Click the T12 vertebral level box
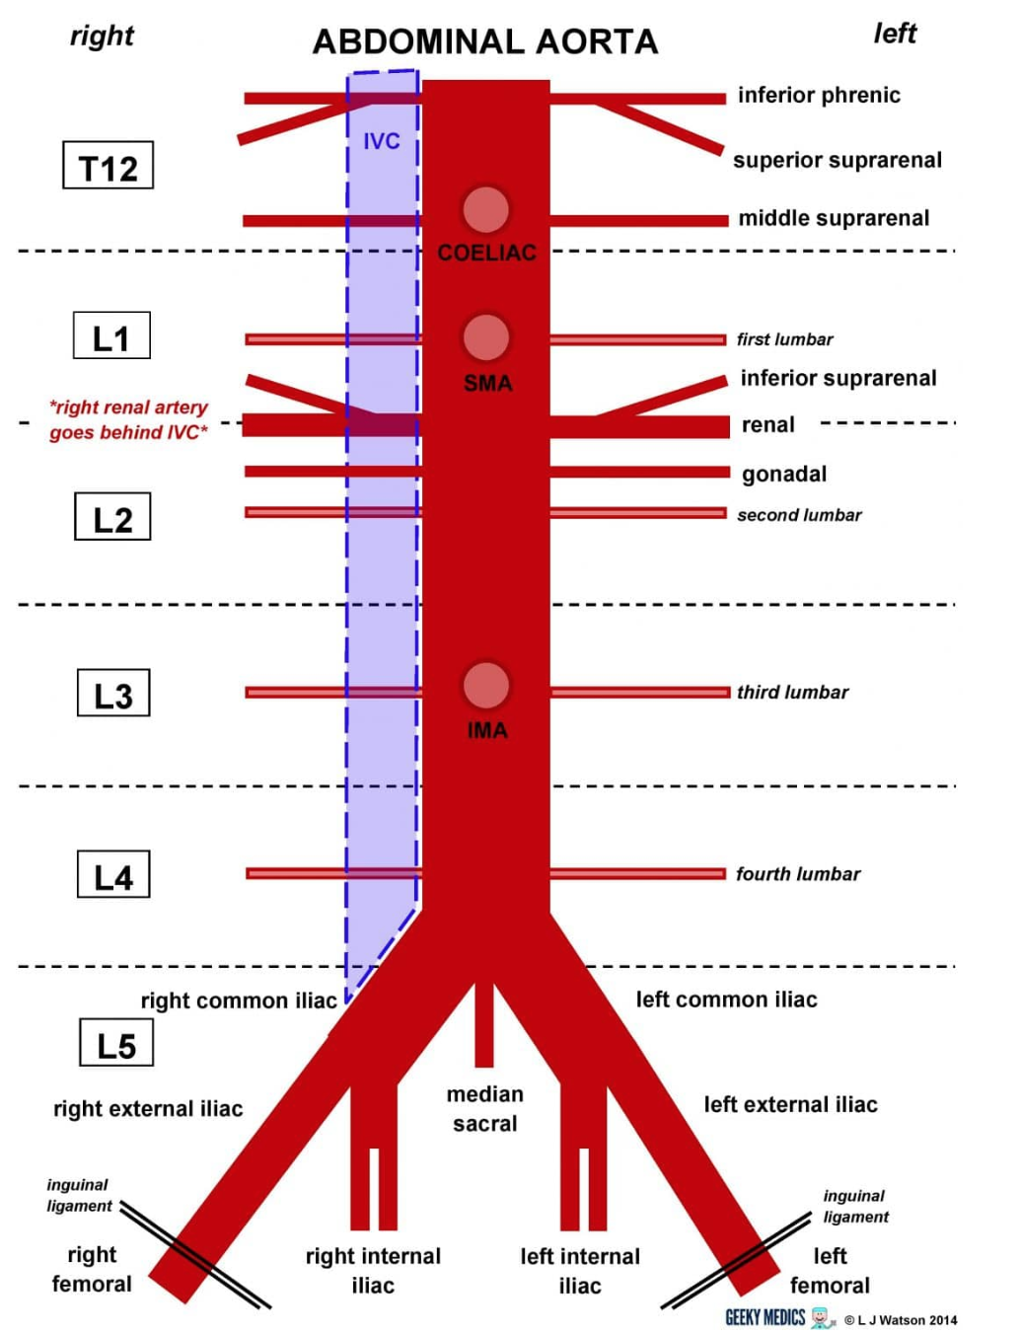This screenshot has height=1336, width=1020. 108,166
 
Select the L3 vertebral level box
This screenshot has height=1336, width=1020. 113,694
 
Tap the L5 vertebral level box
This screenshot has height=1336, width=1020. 115,1044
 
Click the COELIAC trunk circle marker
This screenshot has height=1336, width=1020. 485,209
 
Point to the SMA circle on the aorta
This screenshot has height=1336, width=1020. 485,337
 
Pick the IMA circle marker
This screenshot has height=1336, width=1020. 485,685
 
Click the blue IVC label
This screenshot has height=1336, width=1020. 381,141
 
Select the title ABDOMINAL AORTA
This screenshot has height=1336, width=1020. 485,41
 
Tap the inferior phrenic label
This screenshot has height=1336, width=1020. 819,95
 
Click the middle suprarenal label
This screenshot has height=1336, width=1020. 834,218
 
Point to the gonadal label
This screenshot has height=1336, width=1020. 784,474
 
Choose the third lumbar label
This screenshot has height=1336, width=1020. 792,692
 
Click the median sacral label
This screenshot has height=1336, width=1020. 484,1108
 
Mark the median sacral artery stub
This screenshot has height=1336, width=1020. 484,1026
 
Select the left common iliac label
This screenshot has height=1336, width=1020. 726,1000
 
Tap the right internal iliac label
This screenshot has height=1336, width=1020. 373,1270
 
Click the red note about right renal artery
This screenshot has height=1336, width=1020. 129,419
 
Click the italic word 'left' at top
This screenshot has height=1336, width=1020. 895,34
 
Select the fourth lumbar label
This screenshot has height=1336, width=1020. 798,873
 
